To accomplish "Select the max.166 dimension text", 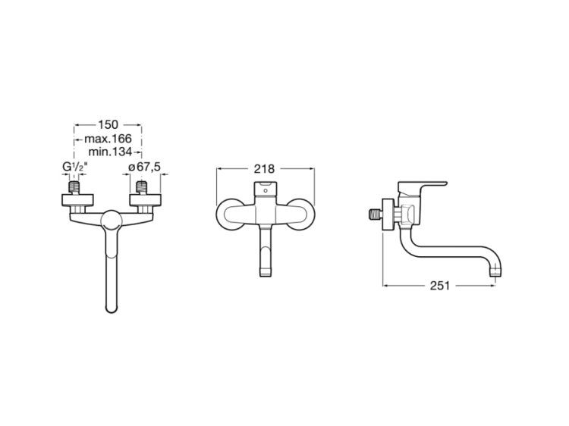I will coord(108,139).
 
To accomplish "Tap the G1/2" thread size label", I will coord(74,168).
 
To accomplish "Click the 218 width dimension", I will coord(264,169).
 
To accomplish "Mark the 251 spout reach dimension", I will coord(440,286).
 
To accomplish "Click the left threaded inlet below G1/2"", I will coord(77,186).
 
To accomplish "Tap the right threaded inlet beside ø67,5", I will coord(140,186).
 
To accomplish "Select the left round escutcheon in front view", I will coord(229,214).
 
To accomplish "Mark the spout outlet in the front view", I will coord(264,269).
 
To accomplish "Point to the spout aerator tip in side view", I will coord(496,270).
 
